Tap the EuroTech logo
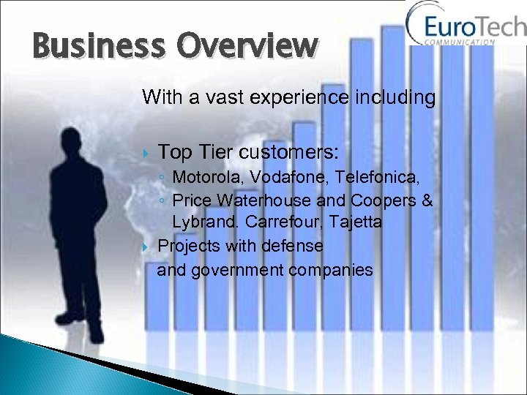click(466, 28)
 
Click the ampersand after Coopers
click(427, 200)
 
